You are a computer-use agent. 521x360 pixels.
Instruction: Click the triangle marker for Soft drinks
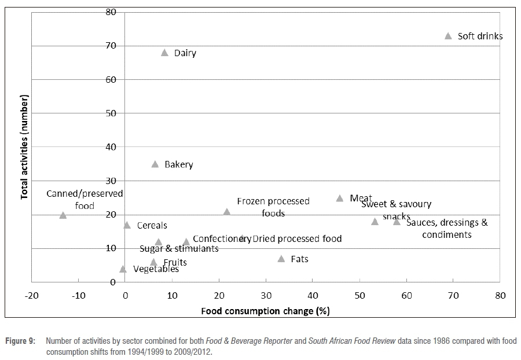pyautogui.click(x=448, y=36)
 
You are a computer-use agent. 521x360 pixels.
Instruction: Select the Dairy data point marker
pyautogui.click(x=164, y=53)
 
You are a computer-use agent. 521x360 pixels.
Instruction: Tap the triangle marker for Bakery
pyautogui.click(x=155, y=164)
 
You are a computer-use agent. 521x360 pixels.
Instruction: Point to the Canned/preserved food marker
pyautogui.click(x=63, y=215)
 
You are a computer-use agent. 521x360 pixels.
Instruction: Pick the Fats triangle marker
pyautogui.click(x=281, y=259)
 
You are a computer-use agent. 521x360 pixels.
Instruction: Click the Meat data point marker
pyautogui.click(x=340, y=199)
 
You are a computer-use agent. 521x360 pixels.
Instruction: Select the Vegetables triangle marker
pyautogui.click(x=123, y=269)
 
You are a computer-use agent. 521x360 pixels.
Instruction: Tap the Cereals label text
pyautogui.click(x=152, y=226)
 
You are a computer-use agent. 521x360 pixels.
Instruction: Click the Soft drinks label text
pyautogui.click(x=480, y=36)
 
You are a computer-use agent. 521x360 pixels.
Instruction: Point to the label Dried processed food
pyautogui.click(x=297, y=238)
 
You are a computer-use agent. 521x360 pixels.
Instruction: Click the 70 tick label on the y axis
pyautogui.click(x=111, y=46)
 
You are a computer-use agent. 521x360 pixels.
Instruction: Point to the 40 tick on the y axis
pyautogui.click(x=111, y=147)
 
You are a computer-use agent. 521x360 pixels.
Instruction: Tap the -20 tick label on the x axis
pyautogui.click(x=31, y=296)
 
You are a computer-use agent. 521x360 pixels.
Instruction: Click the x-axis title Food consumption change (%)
pyautogui.click(x=265, y=311)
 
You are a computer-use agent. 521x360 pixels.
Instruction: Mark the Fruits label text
pyautogui.click(x=175, y=263)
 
